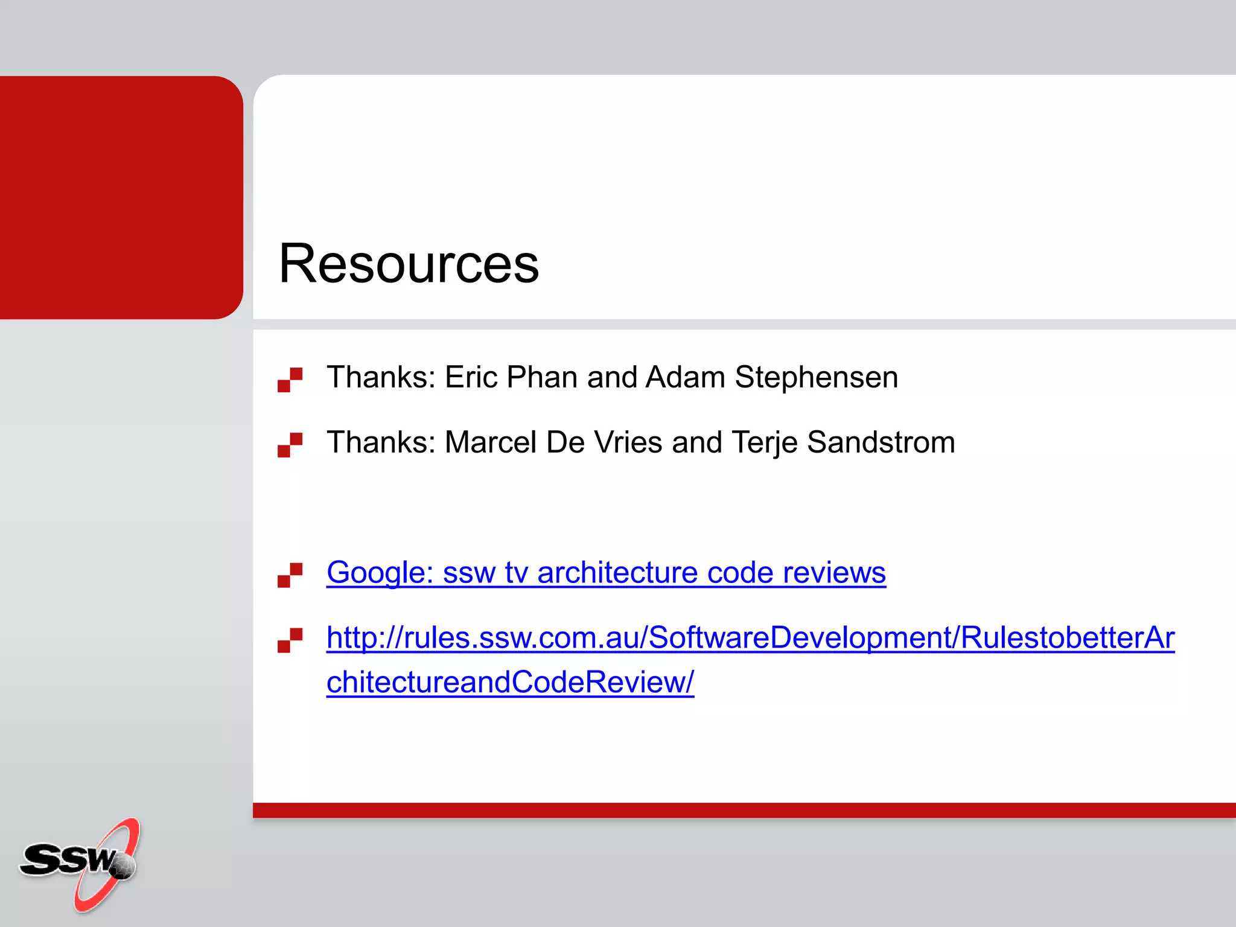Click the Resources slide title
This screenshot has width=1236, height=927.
pyautogui.click(x=409, y=263)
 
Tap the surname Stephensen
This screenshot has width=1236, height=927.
pyautogui.click(x=816, y=377)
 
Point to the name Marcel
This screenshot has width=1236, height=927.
pyautogui.click(x=490, y=442)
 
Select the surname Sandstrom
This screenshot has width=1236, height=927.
pyautogui.click(x=881, y=442)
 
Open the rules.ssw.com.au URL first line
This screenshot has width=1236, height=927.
pyautogui.click(x=750, y=638)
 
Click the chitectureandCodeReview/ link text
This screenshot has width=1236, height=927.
pyautogui.click(x=510, y=683)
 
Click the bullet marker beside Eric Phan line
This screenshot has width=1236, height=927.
pyautogui.click(x=290, y=380)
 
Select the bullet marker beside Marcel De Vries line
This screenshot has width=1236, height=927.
pyautogui.click(x=290, y=445)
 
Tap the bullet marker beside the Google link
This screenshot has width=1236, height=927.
pyautogui.click(x=290, y=575)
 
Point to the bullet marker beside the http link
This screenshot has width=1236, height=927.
pyautogui.click(x=290, y=640)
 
